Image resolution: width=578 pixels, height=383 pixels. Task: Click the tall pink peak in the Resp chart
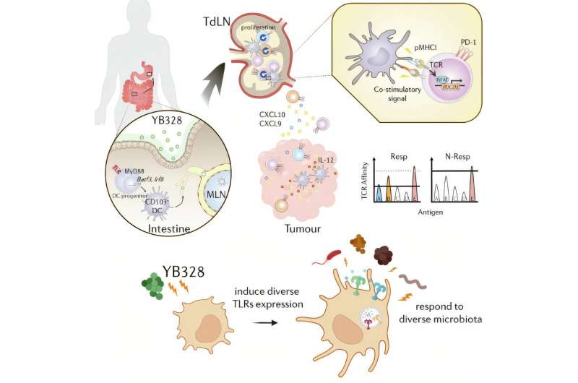tap(415, 173)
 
